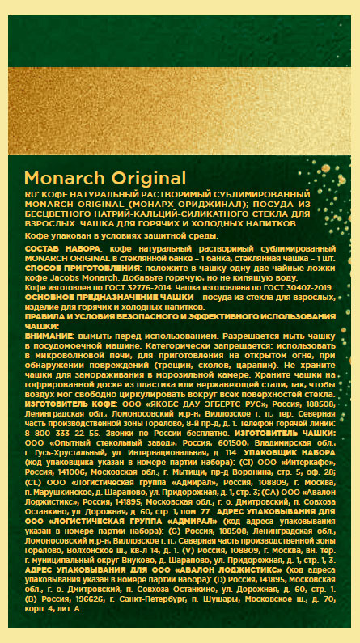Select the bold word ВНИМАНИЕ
50,333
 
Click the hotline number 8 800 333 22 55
58,433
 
